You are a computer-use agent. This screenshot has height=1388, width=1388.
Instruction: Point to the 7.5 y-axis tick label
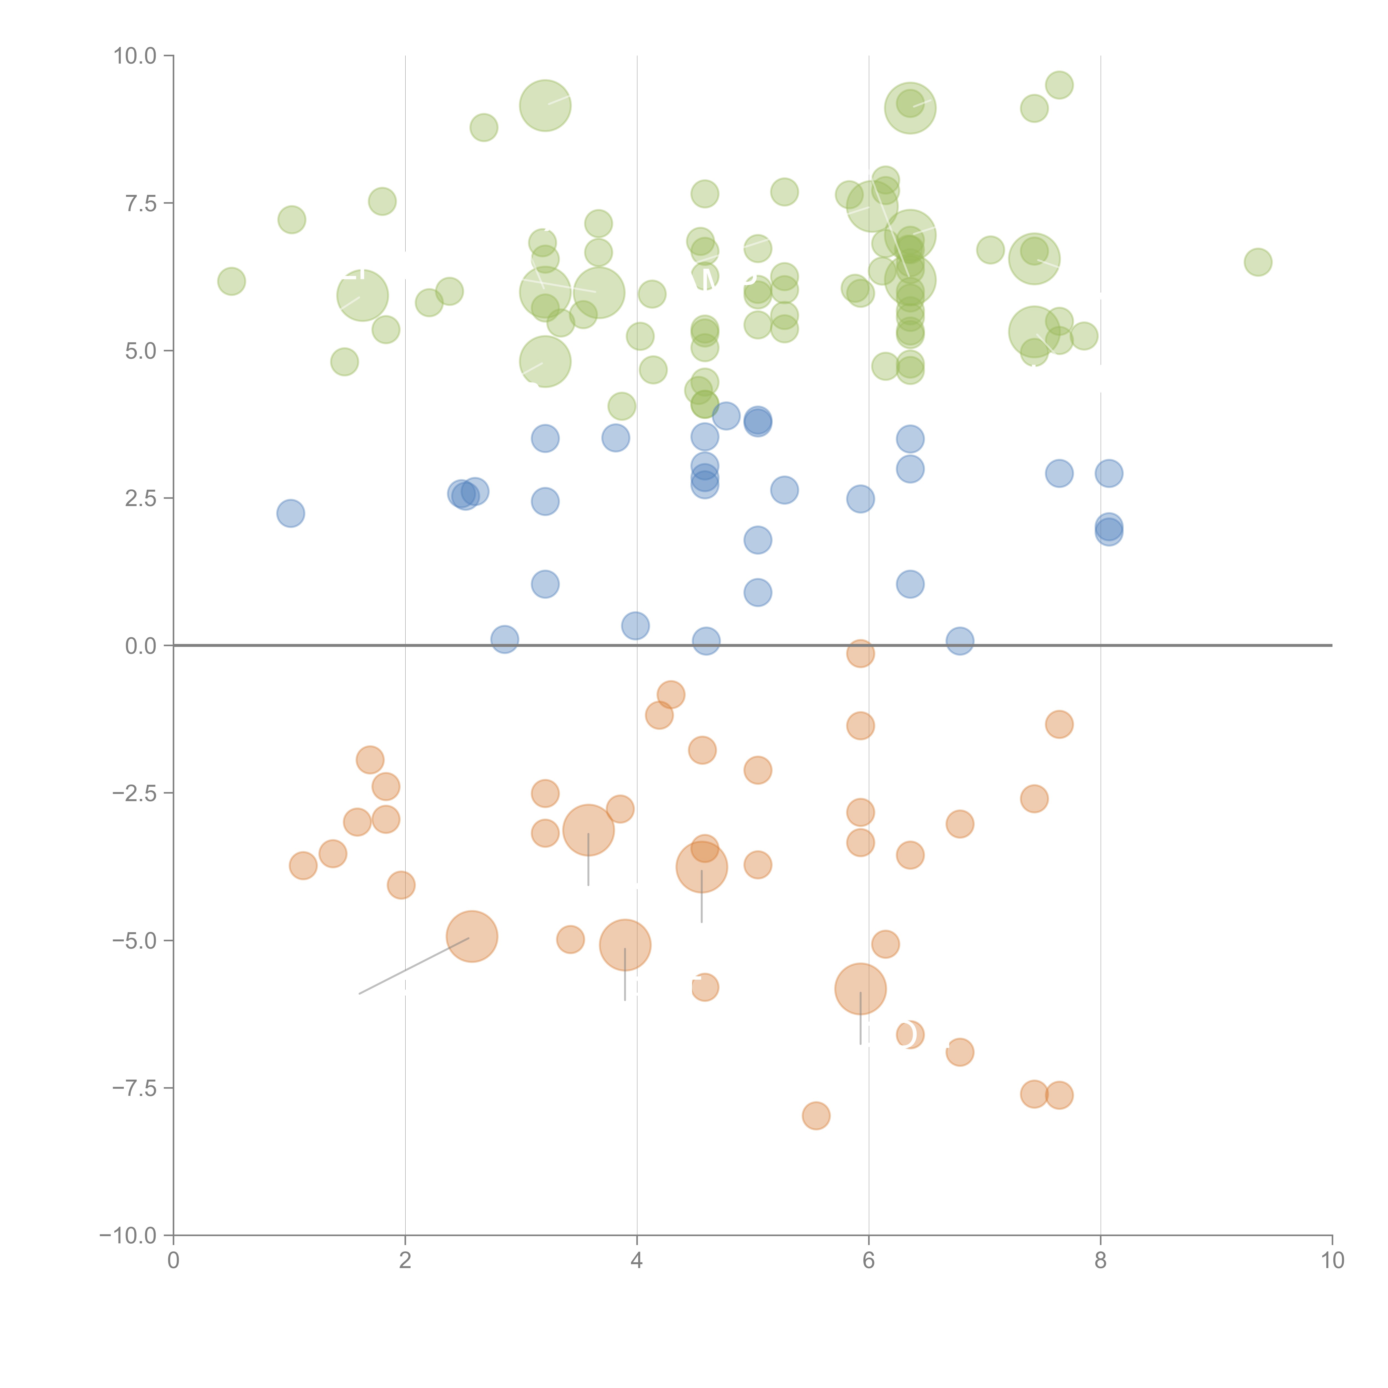pyautogui.click(x=141, y=203)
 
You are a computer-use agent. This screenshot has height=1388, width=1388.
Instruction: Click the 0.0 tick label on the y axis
pyautogui.click(x=141, y=646)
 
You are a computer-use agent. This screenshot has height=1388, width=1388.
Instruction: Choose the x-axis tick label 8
pyautogui.click(x=1101, y=1261)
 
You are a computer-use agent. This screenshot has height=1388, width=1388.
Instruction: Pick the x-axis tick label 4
pyautogui.click(x=637, y=1261)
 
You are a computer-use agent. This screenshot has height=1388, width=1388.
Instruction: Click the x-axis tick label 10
pyautogui.click(x=1332, y=1261)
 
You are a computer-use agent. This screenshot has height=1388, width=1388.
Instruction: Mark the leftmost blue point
pyautogui.click(x=290, y=513)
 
